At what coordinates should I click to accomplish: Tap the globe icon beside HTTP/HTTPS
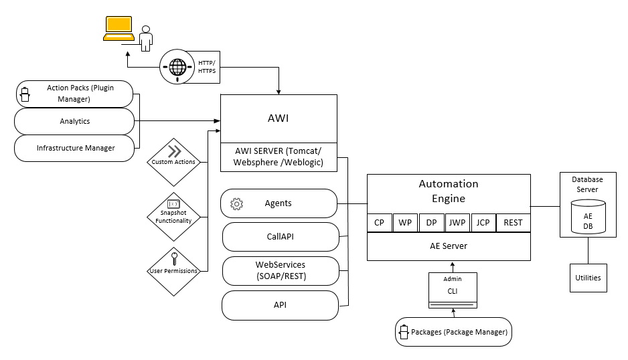coord(177,68)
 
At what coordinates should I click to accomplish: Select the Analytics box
coord(74,121)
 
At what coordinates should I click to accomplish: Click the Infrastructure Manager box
coord(74,148)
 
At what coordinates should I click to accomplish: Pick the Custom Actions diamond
coord(175,161)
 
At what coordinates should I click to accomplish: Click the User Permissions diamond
coord(173,270)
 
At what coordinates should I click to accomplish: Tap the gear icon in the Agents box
coord(236,203)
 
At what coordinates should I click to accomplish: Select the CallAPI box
coord(281,236)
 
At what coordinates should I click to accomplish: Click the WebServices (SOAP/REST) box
coord(281,270)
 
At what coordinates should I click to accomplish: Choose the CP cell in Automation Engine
coord(379,223)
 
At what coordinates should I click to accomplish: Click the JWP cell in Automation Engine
coord(458,223)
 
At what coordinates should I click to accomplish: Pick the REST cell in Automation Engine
coord(513,223)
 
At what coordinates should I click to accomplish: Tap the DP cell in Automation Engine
coord(431,223)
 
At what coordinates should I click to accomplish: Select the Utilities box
coord(588,277)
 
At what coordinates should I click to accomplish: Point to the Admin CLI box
coord(453,289)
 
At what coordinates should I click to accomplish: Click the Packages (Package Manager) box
coord(453,332)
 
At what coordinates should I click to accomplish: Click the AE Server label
coord(449,246)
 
